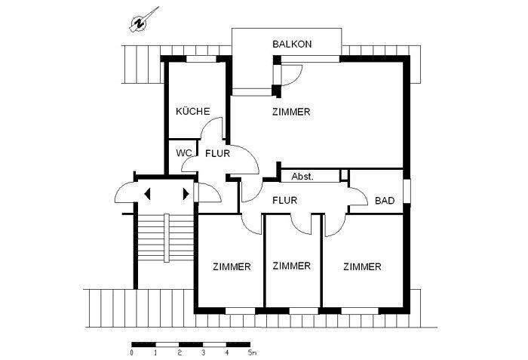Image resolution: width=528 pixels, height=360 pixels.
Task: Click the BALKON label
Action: pyautogui.click(x=292, y=45)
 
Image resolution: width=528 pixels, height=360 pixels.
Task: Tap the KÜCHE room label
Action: pyautogui.click(x=192, y=111)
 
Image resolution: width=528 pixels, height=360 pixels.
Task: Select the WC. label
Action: pyautogui.click(x=183, y=152)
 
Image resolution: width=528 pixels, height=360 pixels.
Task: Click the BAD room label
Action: pyautogui.click(x=385, y=201)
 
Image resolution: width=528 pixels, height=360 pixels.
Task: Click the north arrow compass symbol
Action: pyautogui.click(x=140, y=22)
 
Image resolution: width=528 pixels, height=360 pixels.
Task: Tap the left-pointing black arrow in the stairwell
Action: pyautogui.click(x=148, y=193)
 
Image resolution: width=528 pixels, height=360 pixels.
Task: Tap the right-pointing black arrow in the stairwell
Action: pyautogui.click(x=185, y=193)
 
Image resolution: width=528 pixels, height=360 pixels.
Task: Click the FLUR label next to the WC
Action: pyautogui.click(x=218, y=152)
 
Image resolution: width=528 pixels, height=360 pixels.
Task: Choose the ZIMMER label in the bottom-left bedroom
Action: pyautogui.click(x=232, y=266)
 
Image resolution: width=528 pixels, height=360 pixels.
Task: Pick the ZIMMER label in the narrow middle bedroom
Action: pyautogui.click(x=292, y=266)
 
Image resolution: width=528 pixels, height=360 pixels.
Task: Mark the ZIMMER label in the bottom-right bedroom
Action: pyautogui.click(x=361, y=266)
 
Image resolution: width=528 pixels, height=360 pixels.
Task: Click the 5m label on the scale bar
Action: pyautogui.click(x=252, y=352)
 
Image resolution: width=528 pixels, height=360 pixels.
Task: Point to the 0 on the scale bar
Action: pyautogui.click(x=133, y=352)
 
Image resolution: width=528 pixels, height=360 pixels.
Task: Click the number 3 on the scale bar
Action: pyautogui.click(x=204, y=352)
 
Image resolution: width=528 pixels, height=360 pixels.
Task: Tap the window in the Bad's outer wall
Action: pyautogui.click(x=407, y=192)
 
